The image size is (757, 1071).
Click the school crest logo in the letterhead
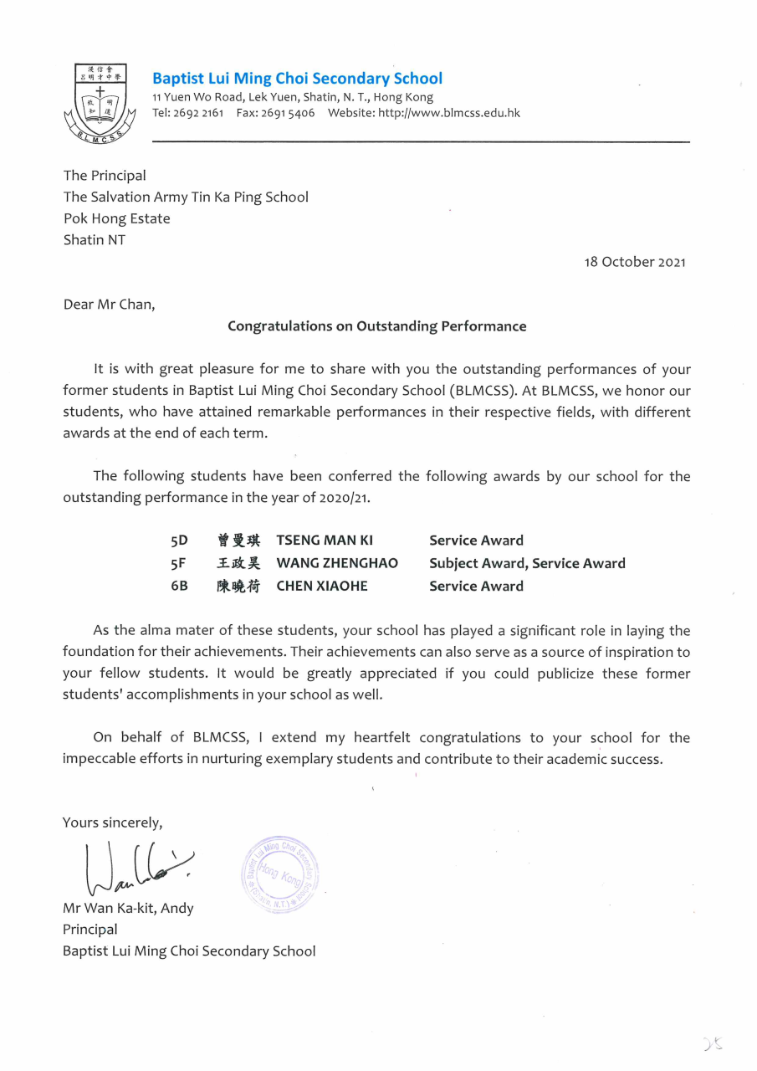[x=100, y=102]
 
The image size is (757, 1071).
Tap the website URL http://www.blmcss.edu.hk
[x=448, y=113]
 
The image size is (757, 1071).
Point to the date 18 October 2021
[x=635, y=262]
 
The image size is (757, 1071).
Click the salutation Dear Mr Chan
[x=109, y=305]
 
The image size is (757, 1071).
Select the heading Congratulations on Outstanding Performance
[x=377, y=326]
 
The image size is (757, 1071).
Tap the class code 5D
[x=179, y=541]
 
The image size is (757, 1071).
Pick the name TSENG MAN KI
[x=325, y=541]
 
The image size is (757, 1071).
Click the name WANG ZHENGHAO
[x=337, y=563]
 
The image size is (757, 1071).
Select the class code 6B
[x=179, y=586]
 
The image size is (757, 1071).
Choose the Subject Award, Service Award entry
[x=527, y=563]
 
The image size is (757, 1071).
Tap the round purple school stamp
[x=280, y=874]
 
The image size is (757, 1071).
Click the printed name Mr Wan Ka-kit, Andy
[x=128, y=908]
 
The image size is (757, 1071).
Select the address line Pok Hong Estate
[x=116, y=218]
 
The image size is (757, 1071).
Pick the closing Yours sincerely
[x=112, y=822]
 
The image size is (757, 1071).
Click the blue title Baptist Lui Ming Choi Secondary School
[x=297, y=79]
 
